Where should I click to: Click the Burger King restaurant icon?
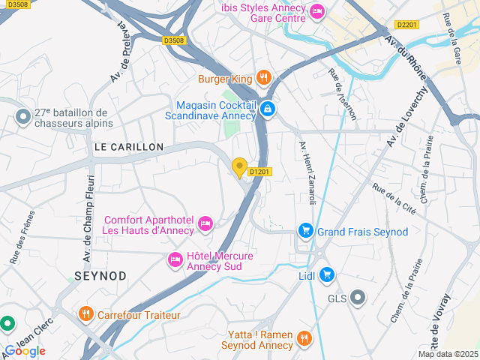point(263,77)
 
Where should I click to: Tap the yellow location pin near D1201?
point(240,168)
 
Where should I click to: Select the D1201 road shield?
point(259,172)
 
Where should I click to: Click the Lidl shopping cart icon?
point(326,275)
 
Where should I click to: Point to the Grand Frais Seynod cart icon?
point(305,231)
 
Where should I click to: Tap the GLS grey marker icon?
point(358,298)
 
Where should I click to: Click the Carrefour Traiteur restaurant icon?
point(86,314)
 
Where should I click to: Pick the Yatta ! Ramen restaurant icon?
point(304,338)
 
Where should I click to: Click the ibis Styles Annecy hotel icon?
point(316,11)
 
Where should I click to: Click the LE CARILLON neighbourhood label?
point(129,147)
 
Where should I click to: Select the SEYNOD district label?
point(100,276)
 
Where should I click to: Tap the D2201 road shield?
point(406,25)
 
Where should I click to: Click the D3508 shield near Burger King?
point(173,40)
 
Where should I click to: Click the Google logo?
point(25,350)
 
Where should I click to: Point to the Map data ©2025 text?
point(447,354)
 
